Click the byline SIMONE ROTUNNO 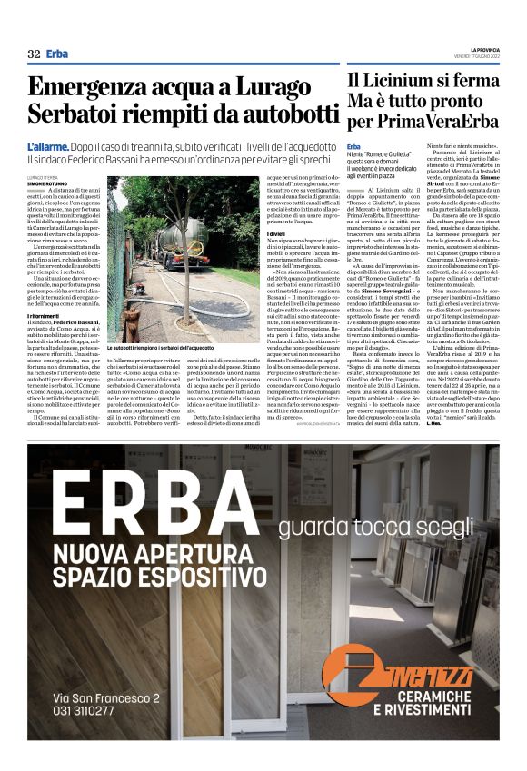point(47,184)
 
